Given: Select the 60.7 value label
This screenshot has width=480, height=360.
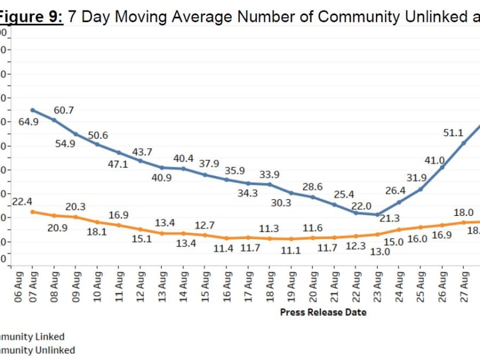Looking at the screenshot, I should click(x=64, y=110).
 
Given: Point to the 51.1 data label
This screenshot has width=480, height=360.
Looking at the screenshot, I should click(x=454, y=133).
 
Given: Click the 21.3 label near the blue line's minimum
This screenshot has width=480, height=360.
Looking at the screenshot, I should click(x=389, y=219).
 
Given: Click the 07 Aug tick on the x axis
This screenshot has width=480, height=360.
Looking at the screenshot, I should click(x=32, y=286).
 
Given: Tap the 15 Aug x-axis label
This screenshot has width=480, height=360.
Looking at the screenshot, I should click(x=205, y=286).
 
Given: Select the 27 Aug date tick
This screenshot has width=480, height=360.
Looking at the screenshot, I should click(x=464, y=286).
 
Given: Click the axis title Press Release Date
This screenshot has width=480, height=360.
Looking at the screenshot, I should click(x=323, y=312).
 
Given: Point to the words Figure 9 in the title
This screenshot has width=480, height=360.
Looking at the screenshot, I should click(x=29, y=17).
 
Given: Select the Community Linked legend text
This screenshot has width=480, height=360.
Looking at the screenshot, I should click(x=32, y=336).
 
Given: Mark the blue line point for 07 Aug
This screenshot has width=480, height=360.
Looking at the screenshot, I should click(x=32, y=110).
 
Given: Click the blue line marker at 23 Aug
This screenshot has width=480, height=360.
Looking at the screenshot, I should click(x=378, y=215).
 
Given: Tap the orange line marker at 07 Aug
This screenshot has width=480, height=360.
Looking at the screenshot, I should click(x=32, y=212).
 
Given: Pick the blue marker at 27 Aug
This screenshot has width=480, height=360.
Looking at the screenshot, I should click(x=464, y=143).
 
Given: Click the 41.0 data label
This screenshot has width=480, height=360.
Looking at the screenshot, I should click(x=434, y=160).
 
